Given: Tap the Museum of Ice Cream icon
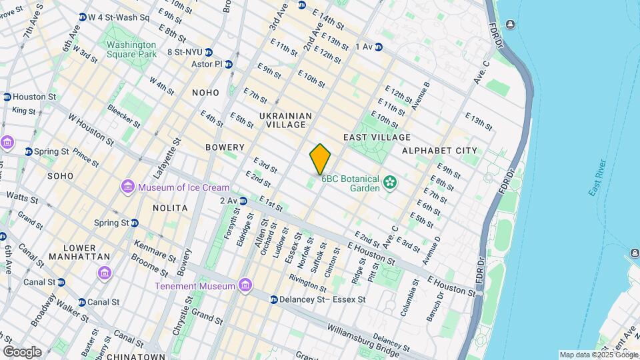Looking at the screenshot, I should (127, 188).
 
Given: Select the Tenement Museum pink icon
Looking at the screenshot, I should (246, 286).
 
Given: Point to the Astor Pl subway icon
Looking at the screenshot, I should (229, 65).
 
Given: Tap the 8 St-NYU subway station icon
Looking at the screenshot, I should (209, 51).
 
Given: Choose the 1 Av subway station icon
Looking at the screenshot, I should (379, 47).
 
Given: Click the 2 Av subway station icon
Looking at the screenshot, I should (243, 200).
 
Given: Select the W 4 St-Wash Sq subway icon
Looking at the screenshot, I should (83, 17).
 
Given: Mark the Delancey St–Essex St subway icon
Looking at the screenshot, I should (274, 300).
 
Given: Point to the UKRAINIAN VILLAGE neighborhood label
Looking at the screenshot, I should (285, 120).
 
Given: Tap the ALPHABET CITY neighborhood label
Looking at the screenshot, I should (439, 151).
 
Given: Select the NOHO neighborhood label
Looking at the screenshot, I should (205, 93).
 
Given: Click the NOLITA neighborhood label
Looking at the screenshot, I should (169, 208).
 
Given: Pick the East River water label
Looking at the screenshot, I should (597, 178).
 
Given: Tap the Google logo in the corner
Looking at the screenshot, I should (22, 351).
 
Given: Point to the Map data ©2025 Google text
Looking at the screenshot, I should (598, 355).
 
